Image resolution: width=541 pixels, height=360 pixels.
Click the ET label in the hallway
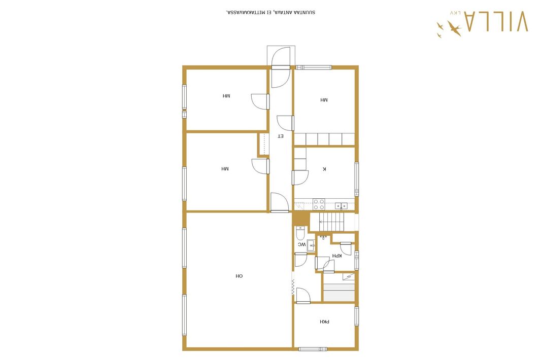[x=281, y=136]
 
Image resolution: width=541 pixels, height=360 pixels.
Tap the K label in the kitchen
[x=324, y=169]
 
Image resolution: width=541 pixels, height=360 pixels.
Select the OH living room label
[x=239, y=276]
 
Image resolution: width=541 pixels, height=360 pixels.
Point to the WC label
[x=302, y=244]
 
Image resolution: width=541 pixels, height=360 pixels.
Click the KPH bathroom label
[x=337, y=256]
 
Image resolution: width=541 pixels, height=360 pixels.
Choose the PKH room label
[x=324, y=322]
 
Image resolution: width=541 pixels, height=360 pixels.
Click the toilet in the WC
[x=300, y=233]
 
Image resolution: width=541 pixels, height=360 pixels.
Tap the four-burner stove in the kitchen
[x=319, y=204]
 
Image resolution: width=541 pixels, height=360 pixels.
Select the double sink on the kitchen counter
[x=341, y=206]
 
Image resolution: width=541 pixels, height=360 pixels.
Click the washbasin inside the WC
[x=311, y=245]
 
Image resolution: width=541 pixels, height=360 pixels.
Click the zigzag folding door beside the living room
[x=293, y=287]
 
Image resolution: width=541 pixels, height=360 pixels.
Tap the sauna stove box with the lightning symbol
[x=349, y=276]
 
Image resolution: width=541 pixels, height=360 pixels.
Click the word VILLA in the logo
[x=496, y=21]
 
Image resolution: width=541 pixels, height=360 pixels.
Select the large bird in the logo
[x=454, y=27]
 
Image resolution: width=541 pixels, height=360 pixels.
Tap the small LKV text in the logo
[x=455, y=13]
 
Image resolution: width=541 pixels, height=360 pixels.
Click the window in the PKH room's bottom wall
[x=313, y=349]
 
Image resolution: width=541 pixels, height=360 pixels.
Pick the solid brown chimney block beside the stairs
[x=301, y=218]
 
